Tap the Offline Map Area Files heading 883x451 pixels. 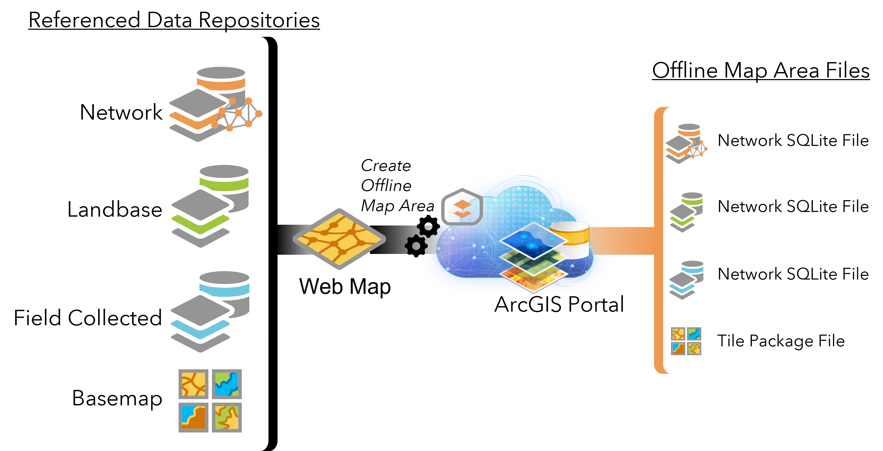pyautogui.click(x=761, y=71)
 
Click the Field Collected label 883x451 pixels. pyautogui.click(x=88, y=318)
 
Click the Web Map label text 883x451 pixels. pyautogui.click(x=345, y=287)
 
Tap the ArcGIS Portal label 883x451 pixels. pyautogui.click(x=559, y=304)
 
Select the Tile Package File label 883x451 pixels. pyautogui.click(x=781, y=341)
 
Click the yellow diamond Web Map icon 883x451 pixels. pyautogui.click(x=339, y=239)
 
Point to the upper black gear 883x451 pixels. pyautogui.click(x=428, y=226)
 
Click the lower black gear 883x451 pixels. pyautogui.click(x=416, y=246)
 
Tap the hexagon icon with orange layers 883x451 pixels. pyautogui.click(x=462, y=207)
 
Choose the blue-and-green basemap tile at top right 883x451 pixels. pyautogui.click(x=227, y=384)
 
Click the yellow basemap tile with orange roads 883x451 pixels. pyautogui.click(x=193, y=384)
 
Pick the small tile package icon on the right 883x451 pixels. pyautogui.click(x=686, y=341)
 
